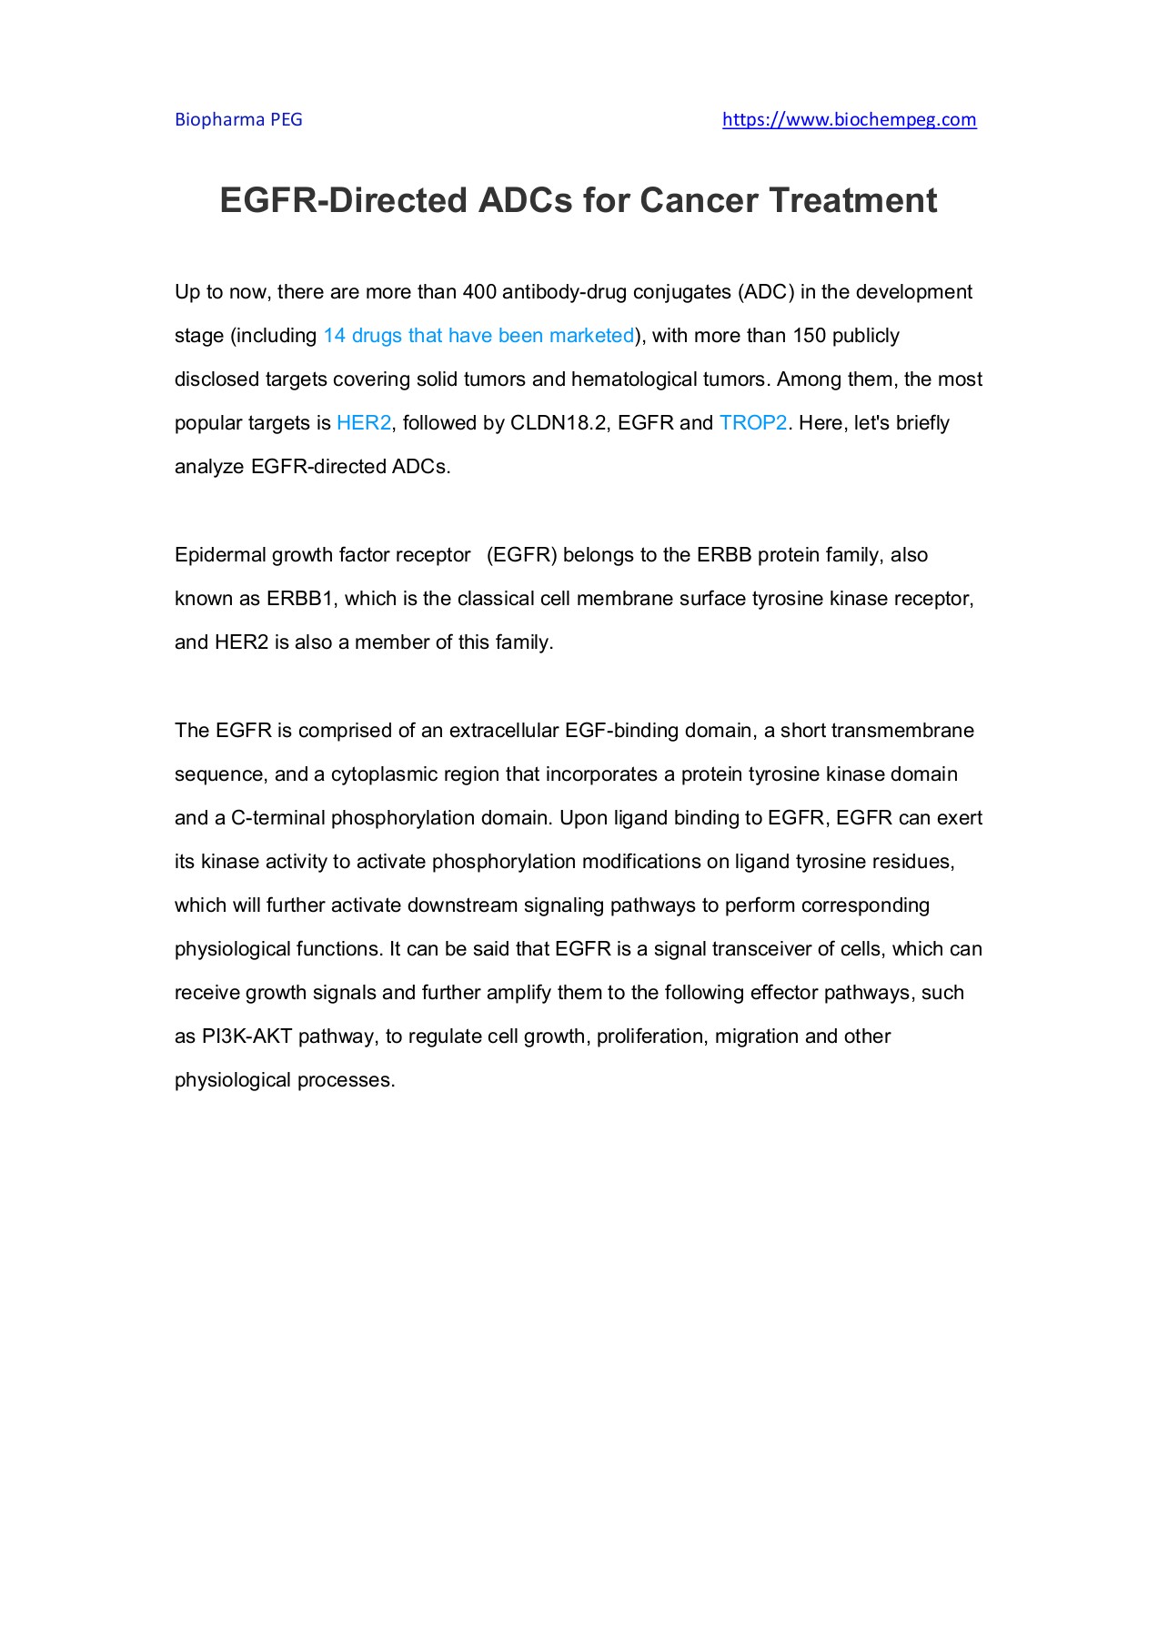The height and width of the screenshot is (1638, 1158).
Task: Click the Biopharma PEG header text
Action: [x=238, y=119]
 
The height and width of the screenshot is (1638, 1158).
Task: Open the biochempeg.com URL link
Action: [x=849, y=119]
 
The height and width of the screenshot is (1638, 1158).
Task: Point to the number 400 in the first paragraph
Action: [x=478, y=292]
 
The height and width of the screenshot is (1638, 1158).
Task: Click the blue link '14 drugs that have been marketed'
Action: [x=478, y=336]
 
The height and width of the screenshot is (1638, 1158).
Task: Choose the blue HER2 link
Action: [x=364, y=423]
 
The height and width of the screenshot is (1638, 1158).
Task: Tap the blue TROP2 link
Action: [x=752, y=423]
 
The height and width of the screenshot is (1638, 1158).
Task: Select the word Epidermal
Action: [x=219, y=555]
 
